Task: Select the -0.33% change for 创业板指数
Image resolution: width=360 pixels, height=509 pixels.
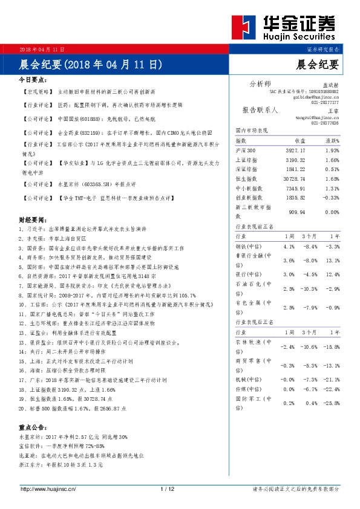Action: [x=332, y=198]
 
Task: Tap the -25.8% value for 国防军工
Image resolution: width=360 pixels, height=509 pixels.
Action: [x=332, y=403]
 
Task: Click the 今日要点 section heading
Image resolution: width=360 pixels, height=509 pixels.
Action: [x=33, y=79]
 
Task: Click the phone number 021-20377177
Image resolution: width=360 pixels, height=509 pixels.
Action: [x=326, y=103]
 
